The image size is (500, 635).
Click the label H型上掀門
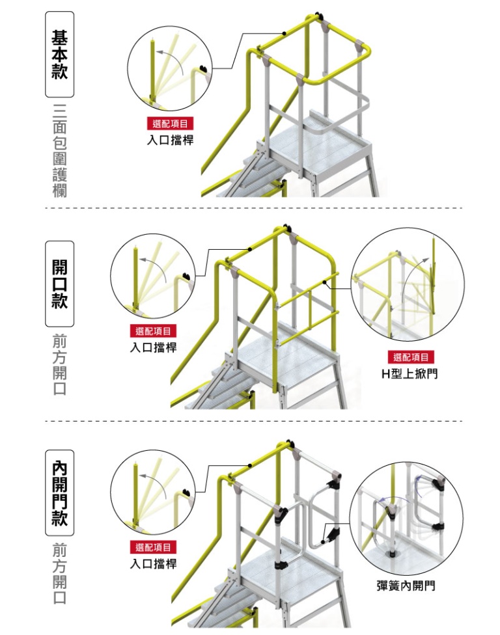410,374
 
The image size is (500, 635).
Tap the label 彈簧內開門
406,586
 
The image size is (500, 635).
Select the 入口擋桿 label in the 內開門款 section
153,563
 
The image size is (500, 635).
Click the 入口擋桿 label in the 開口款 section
153,347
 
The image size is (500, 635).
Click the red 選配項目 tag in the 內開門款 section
154,547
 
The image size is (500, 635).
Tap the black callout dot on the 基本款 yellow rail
285,33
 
